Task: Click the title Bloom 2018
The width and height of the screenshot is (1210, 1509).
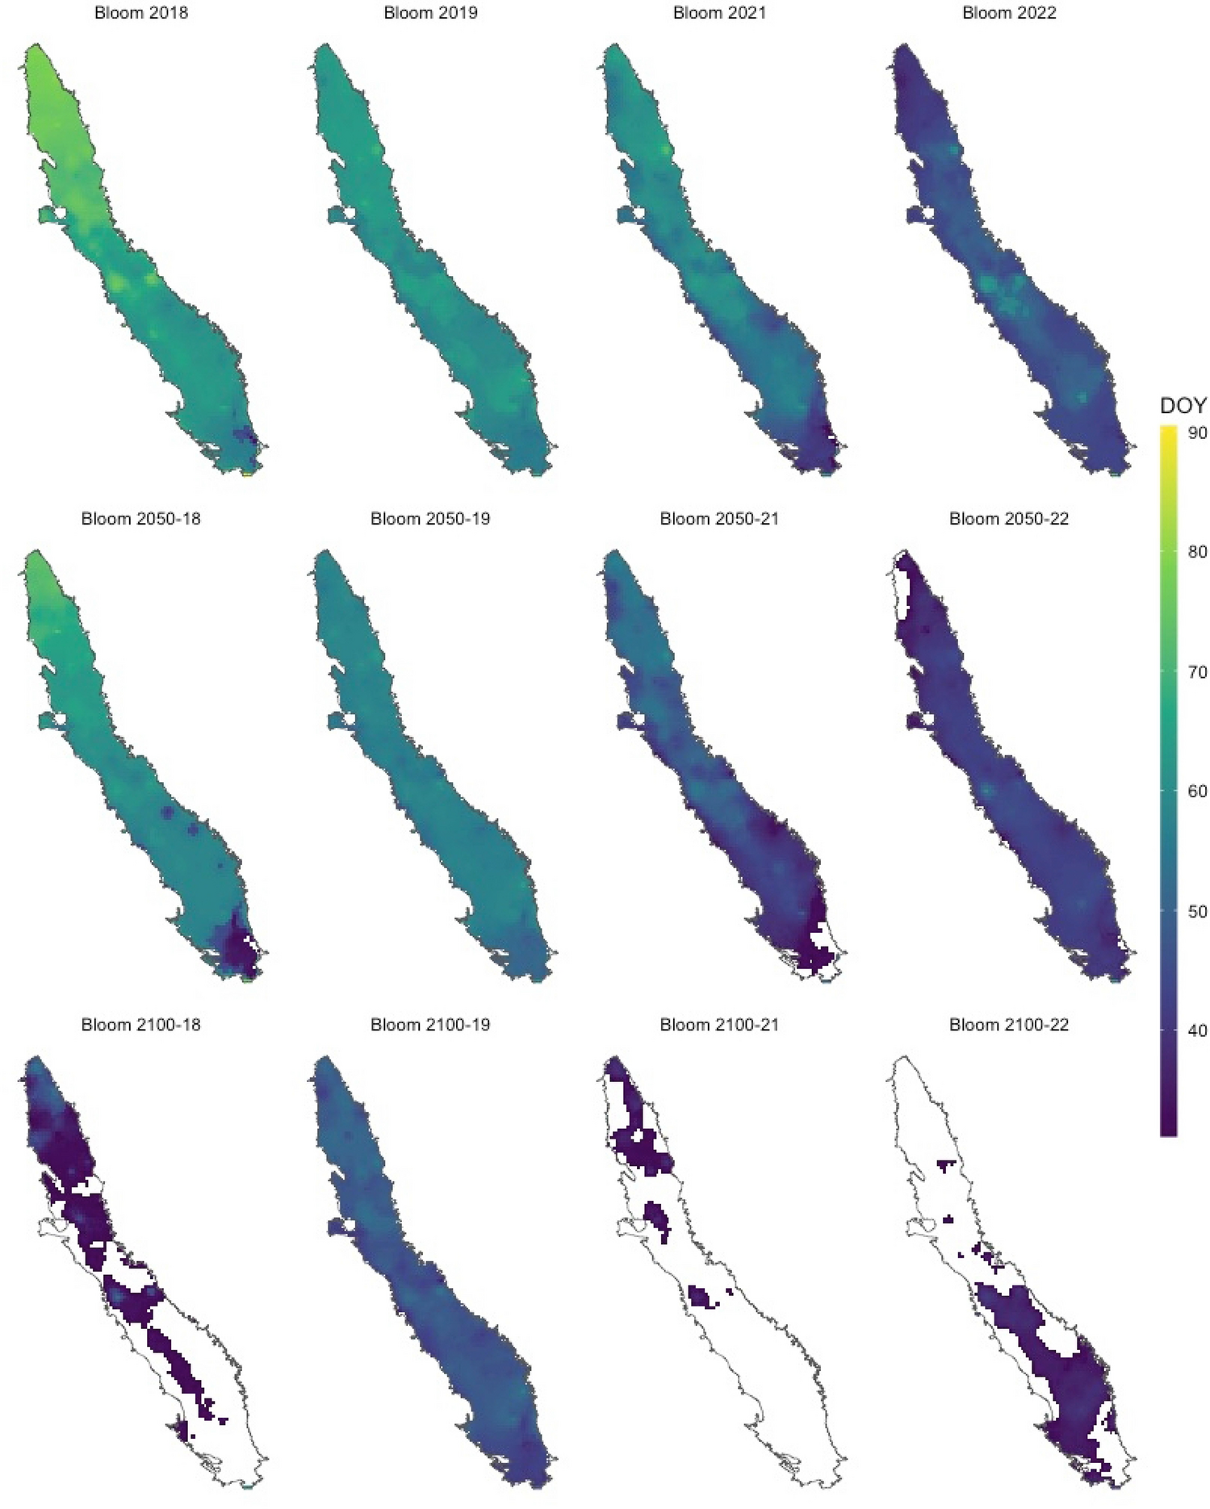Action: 141,13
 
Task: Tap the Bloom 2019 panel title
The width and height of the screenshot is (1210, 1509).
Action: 430,13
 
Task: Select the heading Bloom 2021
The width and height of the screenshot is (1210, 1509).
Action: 719,13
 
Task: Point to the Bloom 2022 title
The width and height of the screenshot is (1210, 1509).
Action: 1009,13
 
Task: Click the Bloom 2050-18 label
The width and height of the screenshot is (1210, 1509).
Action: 141,519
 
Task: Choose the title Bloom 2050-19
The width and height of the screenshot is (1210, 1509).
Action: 430,519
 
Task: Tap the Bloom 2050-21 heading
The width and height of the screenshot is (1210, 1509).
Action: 719,519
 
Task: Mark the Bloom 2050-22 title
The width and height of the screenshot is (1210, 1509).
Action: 1009,519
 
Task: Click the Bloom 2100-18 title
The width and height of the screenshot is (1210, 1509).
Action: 141,1025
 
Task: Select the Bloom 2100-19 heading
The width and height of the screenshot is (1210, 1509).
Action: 430,1025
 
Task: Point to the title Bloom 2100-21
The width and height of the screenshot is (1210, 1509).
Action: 719,1025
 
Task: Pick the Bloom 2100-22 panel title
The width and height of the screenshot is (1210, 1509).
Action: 1009,1025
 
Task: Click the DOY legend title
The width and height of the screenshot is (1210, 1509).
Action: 1183,406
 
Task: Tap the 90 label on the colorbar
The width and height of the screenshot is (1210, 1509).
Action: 1198,433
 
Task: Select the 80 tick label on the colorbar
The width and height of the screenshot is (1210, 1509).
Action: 1198,552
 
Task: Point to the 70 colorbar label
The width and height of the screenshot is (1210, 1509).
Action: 1198,672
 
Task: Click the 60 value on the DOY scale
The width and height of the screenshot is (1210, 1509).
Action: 1198,792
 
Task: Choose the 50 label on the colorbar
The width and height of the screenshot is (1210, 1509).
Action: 1198,912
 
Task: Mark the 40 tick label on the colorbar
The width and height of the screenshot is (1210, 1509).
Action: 1198,1031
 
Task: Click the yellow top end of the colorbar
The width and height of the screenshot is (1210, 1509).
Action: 1168,431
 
